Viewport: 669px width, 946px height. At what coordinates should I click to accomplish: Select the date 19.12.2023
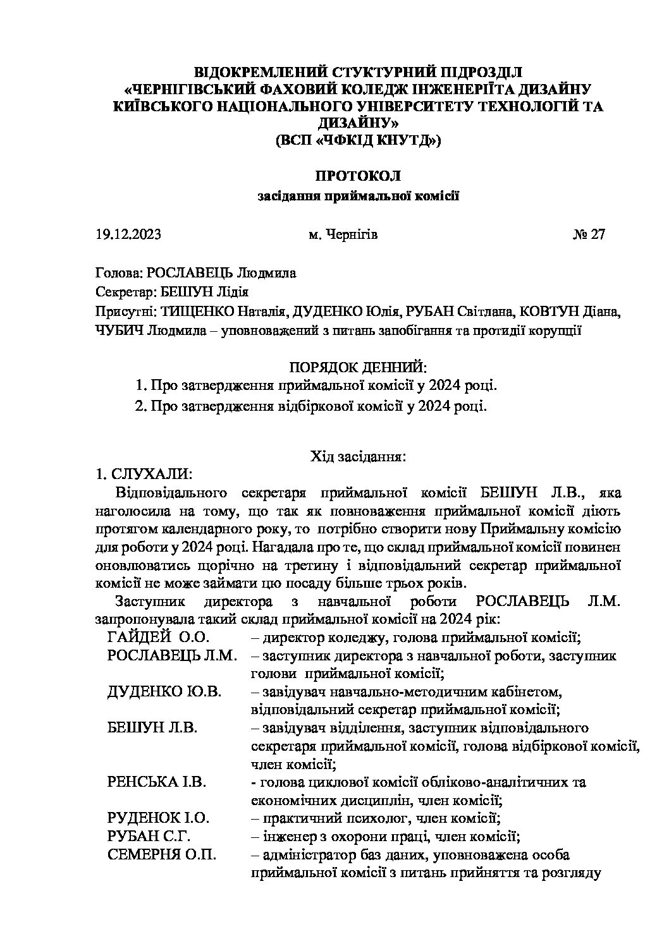click(128, 234)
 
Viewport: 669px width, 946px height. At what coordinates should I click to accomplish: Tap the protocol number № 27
click(588, 234)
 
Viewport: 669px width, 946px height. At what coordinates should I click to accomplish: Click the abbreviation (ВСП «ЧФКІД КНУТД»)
click(358, 140)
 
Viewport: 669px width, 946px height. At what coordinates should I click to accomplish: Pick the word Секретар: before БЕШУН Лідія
click(123, 292)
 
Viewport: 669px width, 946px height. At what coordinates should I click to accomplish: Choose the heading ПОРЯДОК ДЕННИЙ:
click(358, 367)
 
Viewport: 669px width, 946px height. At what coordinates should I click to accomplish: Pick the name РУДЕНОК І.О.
click(158, 818)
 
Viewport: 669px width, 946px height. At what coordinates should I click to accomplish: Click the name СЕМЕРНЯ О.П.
click(162, 855)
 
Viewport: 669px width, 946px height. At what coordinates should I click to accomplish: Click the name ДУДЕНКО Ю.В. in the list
click(164, 691)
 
